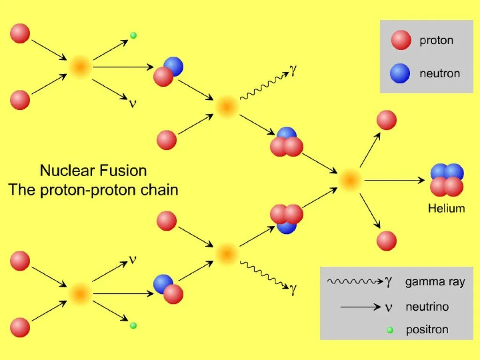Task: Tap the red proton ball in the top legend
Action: click(x=401, y=40)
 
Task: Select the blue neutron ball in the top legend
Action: click(x=400, y=74)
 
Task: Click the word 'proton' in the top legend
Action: click(x=436, y=40)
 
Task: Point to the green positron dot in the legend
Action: click(x=389, y=330)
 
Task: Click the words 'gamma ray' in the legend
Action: click(x=435, y=282)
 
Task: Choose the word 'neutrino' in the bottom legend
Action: click(x=427, y=307)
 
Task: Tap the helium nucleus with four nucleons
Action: click(x=447, y=180)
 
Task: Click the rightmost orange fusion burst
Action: click(x=350, y=180)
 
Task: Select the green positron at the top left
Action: click(x=133, y=35)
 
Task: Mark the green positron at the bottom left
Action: click(x=133, y=325)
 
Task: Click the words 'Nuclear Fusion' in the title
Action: click(x=93, y=170)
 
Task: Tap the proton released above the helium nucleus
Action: click(x=387, y=120)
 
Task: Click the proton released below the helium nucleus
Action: click(x=387, y=240)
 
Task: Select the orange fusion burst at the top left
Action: click(x=80, y=67)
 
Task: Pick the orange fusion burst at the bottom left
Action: click(x=80, y=294)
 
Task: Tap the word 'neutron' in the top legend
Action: click(x=440, y=74)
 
